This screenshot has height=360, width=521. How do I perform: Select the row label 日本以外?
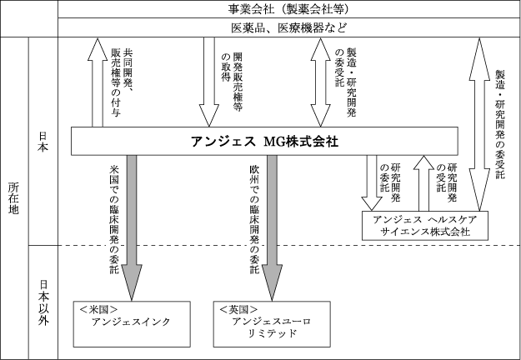pos(43,301)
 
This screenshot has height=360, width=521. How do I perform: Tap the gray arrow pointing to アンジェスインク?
pos(132,225)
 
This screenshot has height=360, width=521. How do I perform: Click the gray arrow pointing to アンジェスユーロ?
pos(272,225)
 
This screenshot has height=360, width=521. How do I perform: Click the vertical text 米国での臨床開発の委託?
pos(114,218)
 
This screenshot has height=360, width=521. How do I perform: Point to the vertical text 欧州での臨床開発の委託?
pos(253,218)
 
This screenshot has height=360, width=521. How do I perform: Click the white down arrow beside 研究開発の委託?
pos(369,183)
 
